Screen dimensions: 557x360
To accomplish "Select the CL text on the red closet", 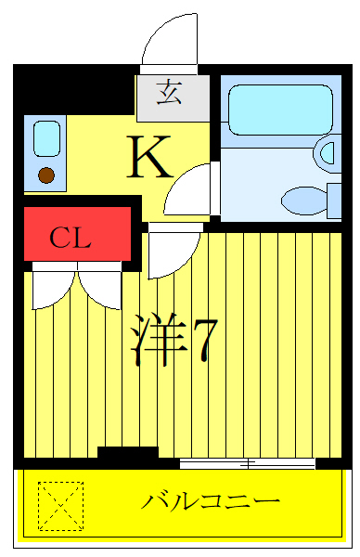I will pos(71,239).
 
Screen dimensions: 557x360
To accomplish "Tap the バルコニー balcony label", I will pos(211,502).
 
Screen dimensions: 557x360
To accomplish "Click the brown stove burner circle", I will pos(46,173).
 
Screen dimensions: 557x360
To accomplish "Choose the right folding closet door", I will pos(100,288).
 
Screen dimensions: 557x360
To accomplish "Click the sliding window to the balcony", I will pos(247,461).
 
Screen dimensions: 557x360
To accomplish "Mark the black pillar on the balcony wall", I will pos(128,454).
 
